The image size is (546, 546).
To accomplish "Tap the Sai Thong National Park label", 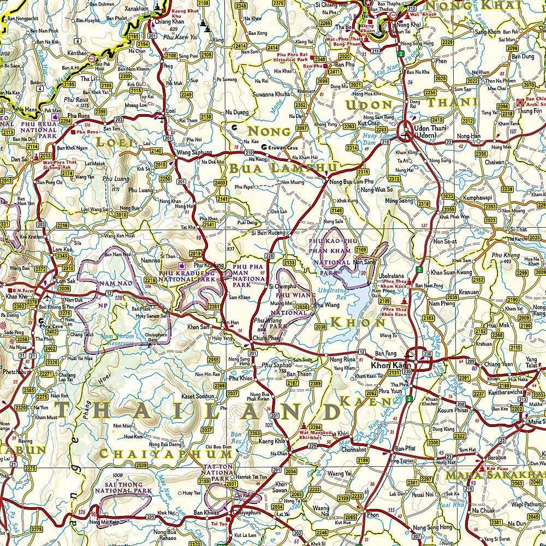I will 123,487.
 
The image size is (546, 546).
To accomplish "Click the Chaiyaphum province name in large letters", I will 167,454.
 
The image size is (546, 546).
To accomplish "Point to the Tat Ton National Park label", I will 218,474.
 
